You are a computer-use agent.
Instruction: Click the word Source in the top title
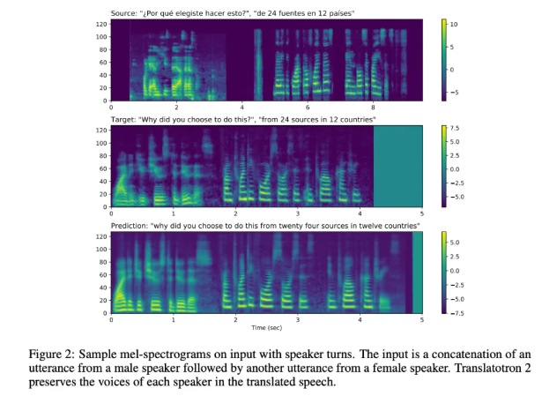[124, 11]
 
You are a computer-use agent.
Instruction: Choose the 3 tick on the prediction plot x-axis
[298, 320]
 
